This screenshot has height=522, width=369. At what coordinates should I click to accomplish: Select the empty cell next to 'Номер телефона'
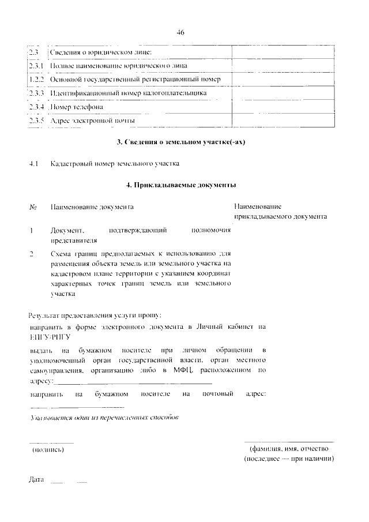pos(283,107)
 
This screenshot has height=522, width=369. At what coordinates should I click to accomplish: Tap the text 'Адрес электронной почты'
pos(92,121)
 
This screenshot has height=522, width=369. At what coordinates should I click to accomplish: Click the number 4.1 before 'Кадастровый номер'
pos(33,164)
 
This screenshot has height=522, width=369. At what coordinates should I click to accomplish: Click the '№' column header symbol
pos(33,206)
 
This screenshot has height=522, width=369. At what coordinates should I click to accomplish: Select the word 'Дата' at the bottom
pos(36,480)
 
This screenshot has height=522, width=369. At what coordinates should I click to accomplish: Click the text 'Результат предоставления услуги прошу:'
pos(95,315)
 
